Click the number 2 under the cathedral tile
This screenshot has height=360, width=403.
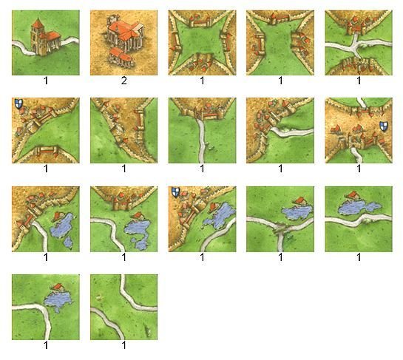(x=124, y=81)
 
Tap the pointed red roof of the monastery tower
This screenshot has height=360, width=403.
(x=38, y=24)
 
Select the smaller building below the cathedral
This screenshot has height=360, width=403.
(x=121, y=58)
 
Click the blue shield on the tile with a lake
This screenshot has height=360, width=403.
(x=176, y=192)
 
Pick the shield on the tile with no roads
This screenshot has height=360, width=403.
(x=18, y=103)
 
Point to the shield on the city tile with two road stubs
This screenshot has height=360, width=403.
(x=384, y=127)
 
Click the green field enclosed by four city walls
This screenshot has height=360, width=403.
(x=203, y=43)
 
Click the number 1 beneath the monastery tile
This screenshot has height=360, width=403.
(x=46, y=81)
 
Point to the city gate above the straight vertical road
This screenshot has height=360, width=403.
(x=198, y=115)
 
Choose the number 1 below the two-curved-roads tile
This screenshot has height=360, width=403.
(x=124, y=345)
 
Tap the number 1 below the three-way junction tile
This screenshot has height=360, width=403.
(x=281, y=257)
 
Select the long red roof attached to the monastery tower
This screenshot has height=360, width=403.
(x=53, y=35)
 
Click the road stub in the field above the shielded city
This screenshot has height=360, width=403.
(x=362, y=102)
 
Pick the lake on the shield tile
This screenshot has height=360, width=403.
(x=219, y=215)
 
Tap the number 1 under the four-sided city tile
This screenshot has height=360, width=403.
(x=203, y=81)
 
